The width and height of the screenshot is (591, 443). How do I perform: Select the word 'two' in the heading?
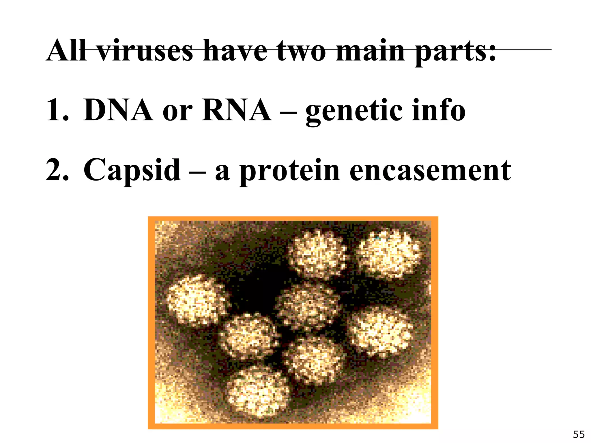pos(301,51)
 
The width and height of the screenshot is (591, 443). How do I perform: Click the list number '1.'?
pos(57,110)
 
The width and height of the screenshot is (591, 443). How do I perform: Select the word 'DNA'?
pos(118,110)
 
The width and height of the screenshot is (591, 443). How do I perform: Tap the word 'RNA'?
pos(236,110)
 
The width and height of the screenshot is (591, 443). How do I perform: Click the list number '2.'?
pos(57,170)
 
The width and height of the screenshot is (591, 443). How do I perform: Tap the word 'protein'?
pos(290,172)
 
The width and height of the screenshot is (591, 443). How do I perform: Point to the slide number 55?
pos(579,434)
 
